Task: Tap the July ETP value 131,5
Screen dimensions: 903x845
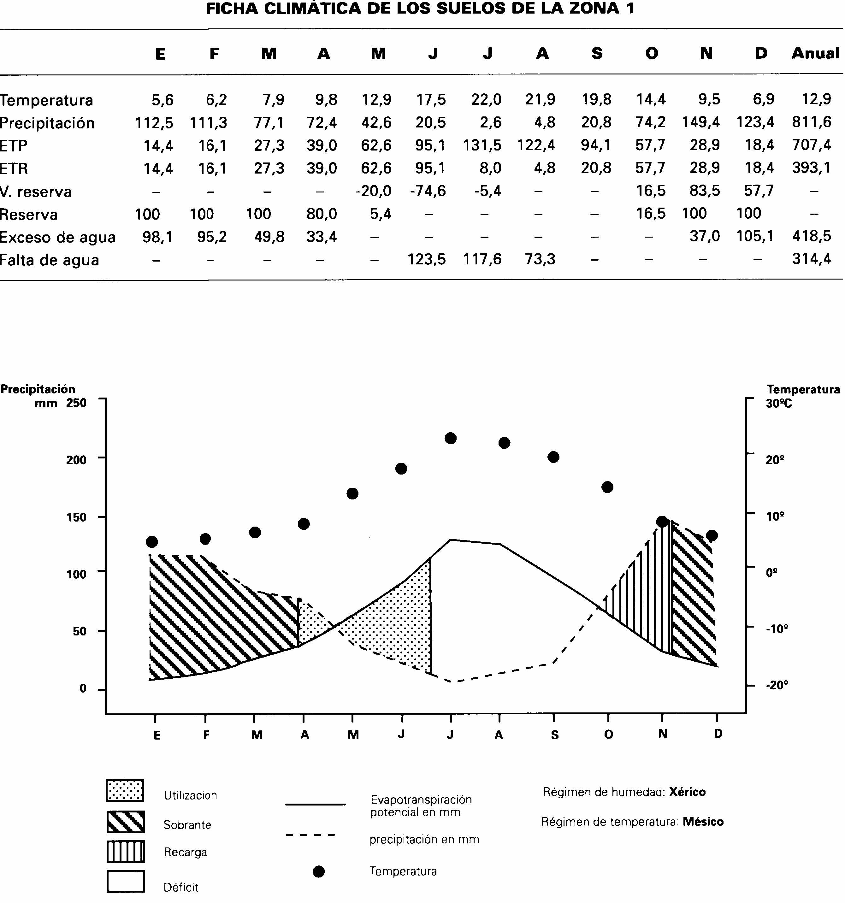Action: click(x=482, y=145)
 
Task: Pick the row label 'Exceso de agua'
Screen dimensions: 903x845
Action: click(x=58, y=237)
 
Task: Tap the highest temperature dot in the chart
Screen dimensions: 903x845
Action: click(x=451, y=438)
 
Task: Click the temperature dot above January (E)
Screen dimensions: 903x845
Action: click(x=152, y=542)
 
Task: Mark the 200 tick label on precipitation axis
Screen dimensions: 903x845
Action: click(x=76, y=460)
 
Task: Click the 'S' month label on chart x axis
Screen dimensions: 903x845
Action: click(x=554, y=735)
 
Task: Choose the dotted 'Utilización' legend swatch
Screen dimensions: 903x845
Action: click(x=125, y=790)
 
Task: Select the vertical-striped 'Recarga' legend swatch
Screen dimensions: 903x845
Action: click(x=126, y=852)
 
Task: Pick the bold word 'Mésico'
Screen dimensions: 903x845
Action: click(x=703, y=822)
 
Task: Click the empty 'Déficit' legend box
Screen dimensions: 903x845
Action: click(x=126, y=882)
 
